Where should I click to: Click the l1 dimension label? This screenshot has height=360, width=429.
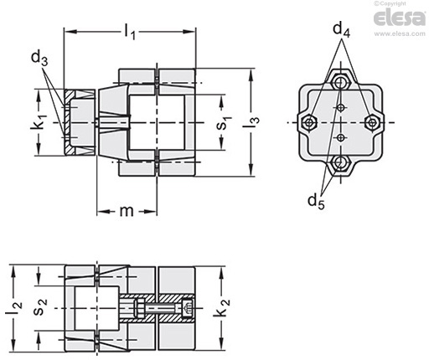130,32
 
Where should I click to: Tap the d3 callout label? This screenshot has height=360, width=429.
39,59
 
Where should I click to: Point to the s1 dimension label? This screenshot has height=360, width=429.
224,122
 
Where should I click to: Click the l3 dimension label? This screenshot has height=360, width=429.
251,122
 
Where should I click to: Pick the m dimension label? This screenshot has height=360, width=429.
127,211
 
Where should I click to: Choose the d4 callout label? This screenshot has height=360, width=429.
341,29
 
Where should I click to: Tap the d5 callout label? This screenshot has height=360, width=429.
316,202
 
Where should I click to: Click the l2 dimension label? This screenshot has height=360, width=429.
13,308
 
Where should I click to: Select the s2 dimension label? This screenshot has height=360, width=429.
40,307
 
